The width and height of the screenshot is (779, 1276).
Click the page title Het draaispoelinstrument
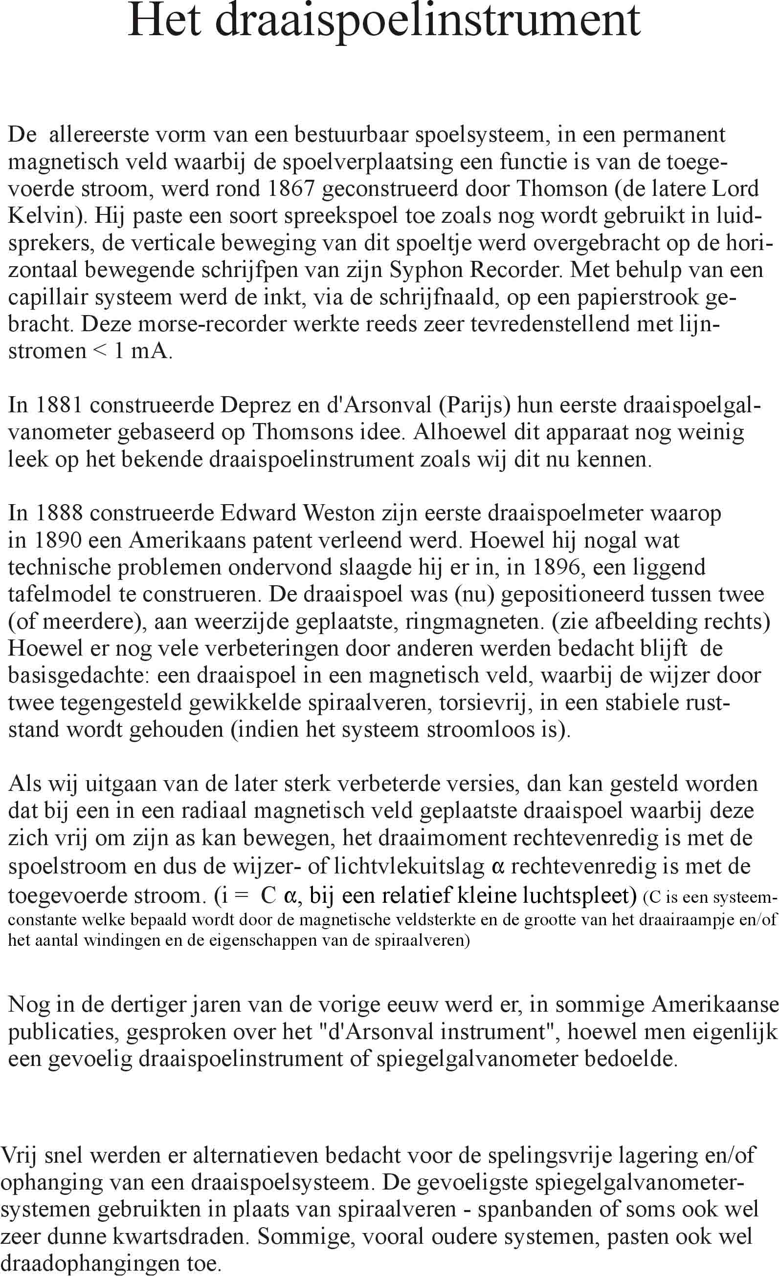(383, 22)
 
